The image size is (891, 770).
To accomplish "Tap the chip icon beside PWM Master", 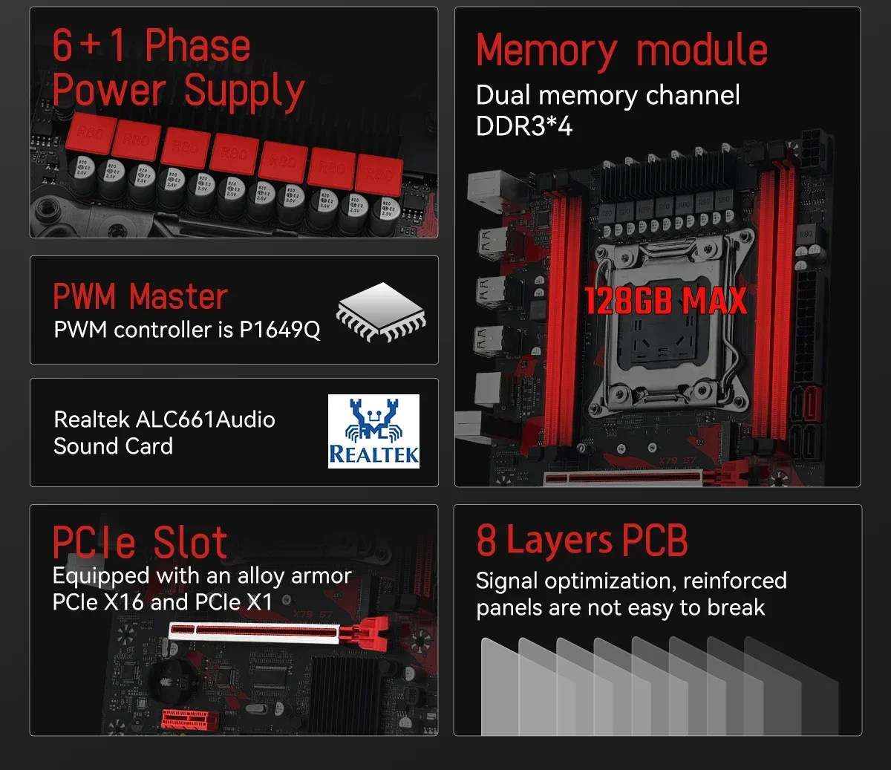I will [382, 311].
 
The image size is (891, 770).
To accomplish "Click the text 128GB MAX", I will [665, 301].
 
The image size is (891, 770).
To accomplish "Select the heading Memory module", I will [621, 50].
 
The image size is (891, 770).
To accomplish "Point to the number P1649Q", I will [280, 330].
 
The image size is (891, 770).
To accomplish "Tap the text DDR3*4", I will [523, 126].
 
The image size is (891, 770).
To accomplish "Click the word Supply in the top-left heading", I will [244, 91].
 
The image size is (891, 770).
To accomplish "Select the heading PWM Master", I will [140, 297].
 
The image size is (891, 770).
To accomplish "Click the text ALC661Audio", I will [205, 420].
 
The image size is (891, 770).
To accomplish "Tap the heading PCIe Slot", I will [140, 542].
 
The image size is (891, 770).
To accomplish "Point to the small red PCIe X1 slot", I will [191, 719].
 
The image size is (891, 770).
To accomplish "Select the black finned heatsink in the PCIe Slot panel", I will [346, 694].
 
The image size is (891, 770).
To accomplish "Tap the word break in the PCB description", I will [736, 607].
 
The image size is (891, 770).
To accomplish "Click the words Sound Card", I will [113, 446].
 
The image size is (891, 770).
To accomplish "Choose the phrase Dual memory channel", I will [607, 95].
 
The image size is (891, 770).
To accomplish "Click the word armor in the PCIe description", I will [322, 575].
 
